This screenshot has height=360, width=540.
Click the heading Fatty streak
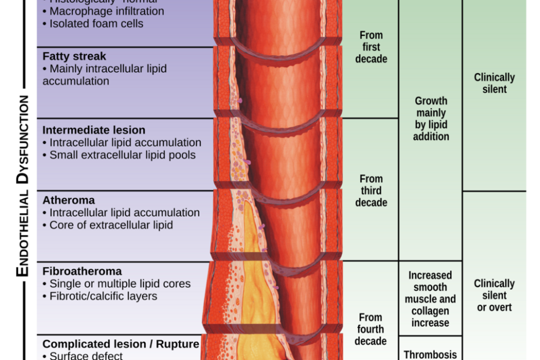(74, 56)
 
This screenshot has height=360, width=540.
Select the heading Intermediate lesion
(94, 130)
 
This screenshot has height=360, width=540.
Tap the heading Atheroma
(69, 200)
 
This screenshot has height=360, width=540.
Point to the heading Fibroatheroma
(82, 271)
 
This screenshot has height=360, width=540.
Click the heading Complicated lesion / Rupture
(121, 344)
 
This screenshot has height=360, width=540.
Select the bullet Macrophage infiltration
(106, 11)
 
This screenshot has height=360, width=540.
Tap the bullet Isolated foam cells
(96, 24)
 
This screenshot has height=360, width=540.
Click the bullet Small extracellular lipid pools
(122, 155)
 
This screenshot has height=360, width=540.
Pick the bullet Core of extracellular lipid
(111, 225)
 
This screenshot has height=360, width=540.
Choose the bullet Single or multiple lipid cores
(120, 284)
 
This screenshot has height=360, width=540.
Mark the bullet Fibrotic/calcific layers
(103, 296)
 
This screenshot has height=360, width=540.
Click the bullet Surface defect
(86, 355)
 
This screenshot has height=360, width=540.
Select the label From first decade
(371, 47)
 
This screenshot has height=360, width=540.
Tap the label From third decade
(371, 190)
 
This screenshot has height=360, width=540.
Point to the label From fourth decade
(370, 329)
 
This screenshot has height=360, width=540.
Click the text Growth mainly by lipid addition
(431, 119)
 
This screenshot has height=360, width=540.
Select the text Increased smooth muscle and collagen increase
(430, 299)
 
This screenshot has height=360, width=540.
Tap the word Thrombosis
(430, 354)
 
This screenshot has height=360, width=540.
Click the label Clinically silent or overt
(494, 295)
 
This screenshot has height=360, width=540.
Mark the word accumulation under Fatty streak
(75, 81)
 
